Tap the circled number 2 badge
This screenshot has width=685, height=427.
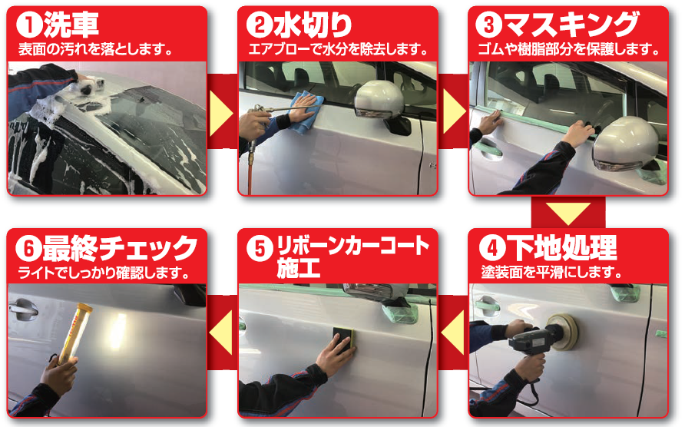coord(256,26)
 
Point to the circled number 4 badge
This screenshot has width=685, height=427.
coord(490,250)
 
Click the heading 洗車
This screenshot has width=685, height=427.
coord(71,26)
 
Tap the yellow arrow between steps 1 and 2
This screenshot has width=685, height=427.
coord(222,112)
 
